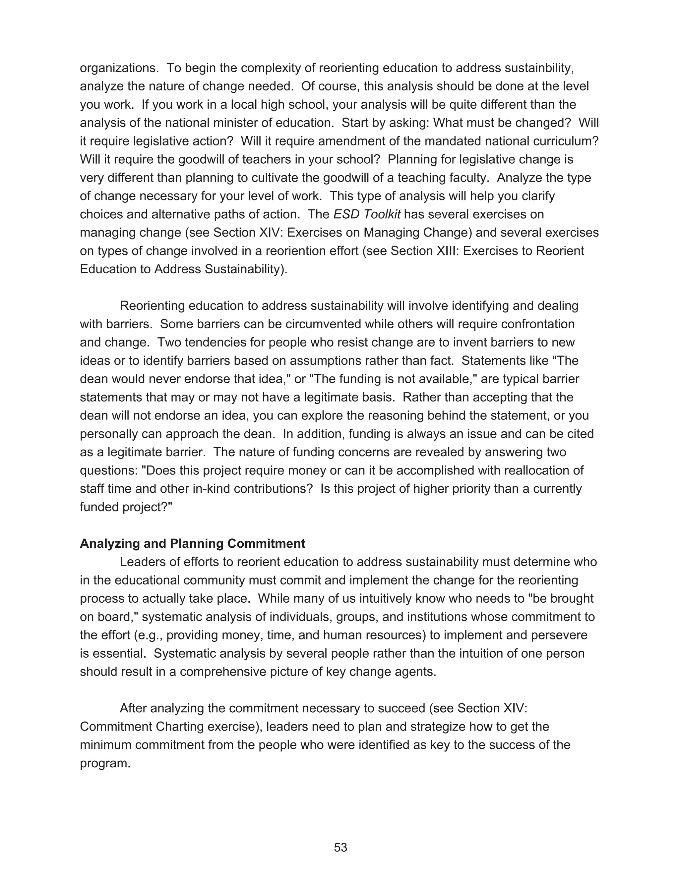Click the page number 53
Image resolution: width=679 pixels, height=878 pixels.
click(340, 848)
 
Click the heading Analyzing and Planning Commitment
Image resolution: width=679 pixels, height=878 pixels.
click(192, 543)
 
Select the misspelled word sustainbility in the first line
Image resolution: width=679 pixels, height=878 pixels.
click(539, 68)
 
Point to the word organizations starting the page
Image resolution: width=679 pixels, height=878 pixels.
click(119, 68)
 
